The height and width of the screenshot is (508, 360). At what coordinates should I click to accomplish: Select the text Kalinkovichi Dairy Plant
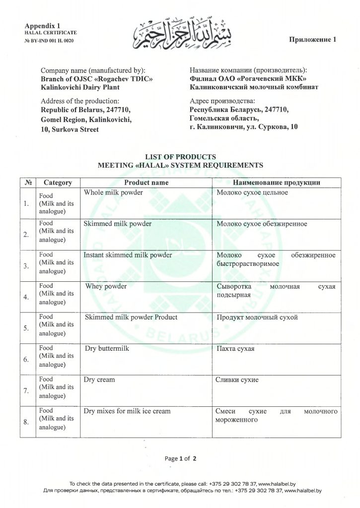coord(80,87)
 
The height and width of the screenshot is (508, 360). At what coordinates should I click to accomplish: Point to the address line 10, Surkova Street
coord(70,129)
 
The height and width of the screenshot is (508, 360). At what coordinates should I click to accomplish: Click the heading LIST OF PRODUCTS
coord(180,157)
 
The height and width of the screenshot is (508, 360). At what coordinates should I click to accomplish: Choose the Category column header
coord(58,183)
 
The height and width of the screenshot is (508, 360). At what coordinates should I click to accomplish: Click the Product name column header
coord(146,183)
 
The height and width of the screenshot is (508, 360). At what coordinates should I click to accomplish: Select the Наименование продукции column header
coord(276,183)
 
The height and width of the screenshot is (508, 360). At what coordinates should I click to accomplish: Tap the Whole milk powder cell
coord(113,192)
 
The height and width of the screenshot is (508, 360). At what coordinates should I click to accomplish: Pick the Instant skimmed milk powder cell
coord(128,255)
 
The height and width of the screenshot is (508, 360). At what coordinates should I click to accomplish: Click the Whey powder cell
coord(106,286)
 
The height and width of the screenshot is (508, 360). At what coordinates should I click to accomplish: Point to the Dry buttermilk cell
coord(107,349)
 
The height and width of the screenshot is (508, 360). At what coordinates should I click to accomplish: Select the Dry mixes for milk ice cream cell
coord(127,411)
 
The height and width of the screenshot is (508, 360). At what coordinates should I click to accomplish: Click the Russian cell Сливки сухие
coord(237,380)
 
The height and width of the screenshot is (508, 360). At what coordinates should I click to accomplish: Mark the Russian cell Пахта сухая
coord(235,349)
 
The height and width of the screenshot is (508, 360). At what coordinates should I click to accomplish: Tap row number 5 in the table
coord(25,328)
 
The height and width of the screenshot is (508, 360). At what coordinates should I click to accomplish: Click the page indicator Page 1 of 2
coord(180,458)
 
